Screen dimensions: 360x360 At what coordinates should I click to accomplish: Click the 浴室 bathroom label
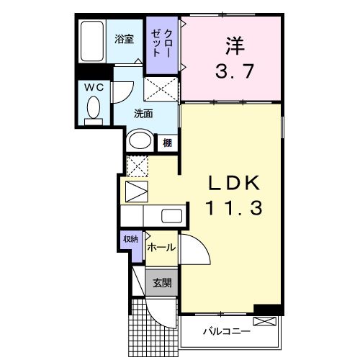(125, 40)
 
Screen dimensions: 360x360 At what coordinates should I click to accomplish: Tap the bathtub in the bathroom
(92, 42)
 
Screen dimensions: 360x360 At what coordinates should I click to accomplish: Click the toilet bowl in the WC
(93, 108)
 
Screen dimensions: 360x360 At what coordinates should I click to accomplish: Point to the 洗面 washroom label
(143, 113)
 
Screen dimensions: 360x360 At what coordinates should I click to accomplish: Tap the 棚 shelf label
(167, 142)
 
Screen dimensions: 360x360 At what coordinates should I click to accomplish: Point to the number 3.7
(230, 72)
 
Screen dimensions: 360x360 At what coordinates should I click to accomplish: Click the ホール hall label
(161, 247)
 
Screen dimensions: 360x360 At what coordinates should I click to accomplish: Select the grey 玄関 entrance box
(161, 283)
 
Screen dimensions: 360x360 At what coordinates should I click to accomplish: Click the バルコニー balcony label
(226, 332)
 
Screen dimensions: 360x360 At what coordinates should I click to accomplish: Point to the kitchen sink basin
(171, 215)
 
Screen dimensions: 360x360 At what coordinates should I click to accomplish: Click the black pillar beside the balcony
(266, 311)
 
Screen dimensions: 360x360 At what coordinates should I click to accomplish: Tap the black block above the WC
(92, 71)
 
